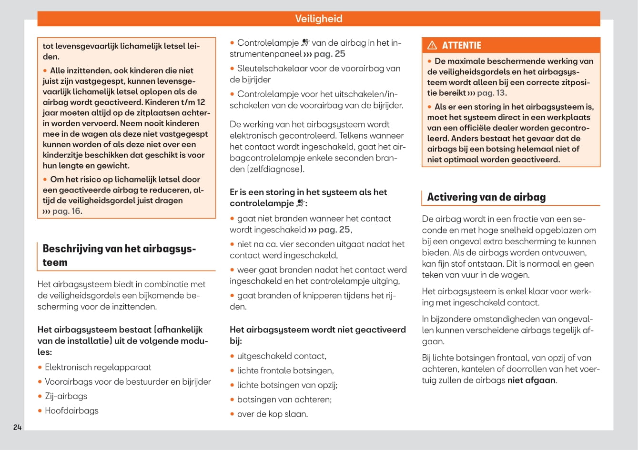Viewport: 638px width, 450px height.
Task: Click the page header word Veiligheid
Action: (318, 19)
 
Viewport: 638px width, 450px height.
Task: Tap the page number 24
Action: (18, 427)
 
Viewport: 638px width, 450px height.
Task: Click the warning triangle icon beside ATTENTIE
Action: (432, 45)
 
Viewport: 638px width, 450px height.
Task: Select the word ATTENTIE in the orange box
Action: (461, 45)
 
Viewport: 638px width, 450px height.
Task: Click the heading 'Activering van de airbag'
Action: (486, 197)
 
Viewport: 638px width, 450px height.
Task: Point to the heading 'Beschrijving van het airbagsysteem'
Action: (119, 255)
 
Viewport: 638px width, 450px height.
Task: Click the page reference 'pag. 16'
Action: (66, 211)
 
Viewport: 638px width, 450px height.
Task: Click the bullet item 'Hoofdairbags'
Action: (71, 410)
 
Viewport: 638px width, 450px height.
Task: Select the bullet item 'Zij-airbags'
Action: (66, 396)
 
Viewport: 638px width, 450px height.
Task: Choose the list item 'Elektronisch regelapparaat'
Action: (98, 367)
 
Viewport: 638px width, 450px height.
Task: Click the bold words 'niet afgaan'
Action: (531, 380)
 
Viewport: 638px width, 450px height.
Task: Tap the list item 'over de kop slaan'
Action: (272, 414)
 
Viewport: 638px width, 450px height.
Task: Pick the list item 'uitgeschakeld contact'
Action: (281, 356)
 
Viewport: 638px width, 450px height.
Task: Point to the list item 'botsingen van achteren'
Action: (284, 400)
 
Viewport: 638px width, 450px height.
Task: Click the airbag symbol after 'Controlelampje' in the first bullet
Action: (305, 43)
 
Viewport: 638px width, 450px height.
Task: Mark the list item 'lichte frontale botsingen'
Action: (285, 370)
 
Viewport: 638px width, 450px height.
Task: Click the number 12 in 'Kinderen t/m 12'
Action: (201, 102)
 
